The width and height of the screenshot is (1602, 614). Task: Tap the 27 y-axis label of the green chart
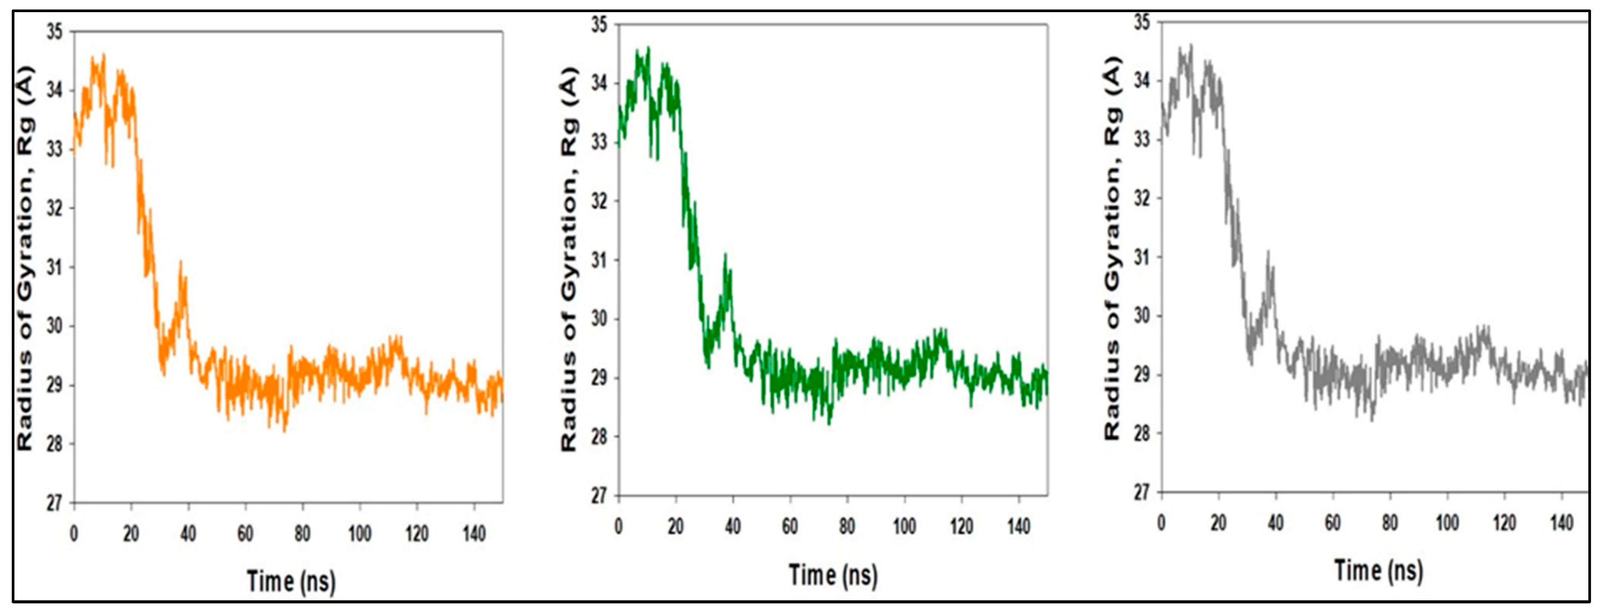[x=599, y=496]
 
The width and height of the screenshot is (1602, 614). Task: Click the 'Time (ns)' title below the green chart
[x=833, y=575]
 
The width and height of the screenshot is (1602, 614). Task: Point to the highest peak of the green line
[x=648, y=47]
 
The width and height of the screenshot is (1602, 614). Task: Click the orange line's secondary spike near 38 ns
[x=181, y=262]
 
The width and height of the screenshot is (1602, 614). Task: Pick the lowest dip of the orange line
[x=284, y=431]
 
